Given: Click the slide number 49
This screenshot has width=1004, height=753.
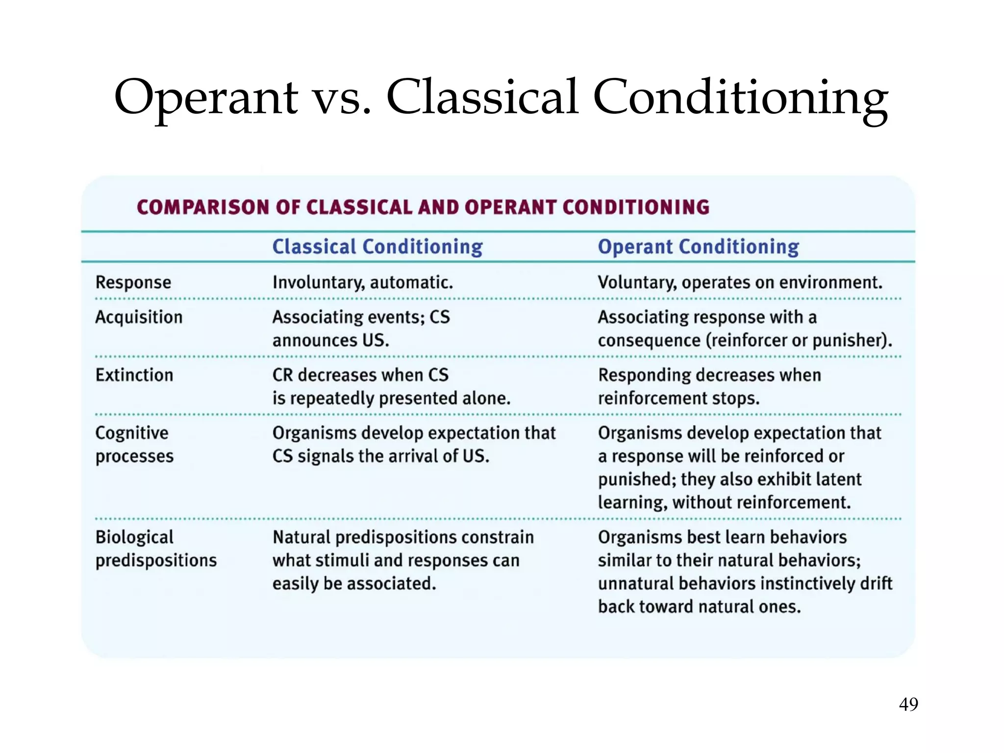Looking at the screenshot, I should point(908,704).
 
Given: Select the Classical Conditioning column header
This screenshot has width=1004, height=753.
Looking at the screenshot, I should point(377,247).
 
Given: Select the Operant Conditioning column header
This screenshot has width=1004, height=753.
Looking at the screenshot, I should point(698,247).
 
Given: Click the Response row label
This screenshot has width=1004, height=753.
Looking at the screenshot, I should point(133,282).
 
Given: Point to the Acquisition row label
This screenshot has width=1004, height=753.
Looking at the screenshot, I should point(139,317).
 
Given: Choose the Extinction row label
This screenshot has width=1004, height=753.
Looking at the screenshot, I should point(134,375).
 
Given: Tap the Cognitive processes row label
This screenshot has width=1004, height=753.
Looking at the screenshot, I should point(134,444).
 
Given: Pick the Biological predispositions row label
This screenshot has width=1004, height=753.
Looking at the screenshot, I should point(156,549).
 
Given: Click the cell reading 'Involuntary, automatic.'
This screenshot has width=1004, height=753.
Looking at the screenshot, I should point(363,282).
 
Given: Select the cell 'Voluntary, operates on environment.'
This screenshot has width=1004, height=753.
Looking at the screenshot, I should point(740,282).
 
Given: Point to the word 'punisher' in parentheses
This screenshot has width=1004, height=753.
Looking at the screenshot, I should point(848,340).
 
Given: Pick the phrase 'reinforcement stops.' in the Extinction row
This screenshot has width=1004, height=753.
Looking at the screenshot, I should point(678,398).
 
